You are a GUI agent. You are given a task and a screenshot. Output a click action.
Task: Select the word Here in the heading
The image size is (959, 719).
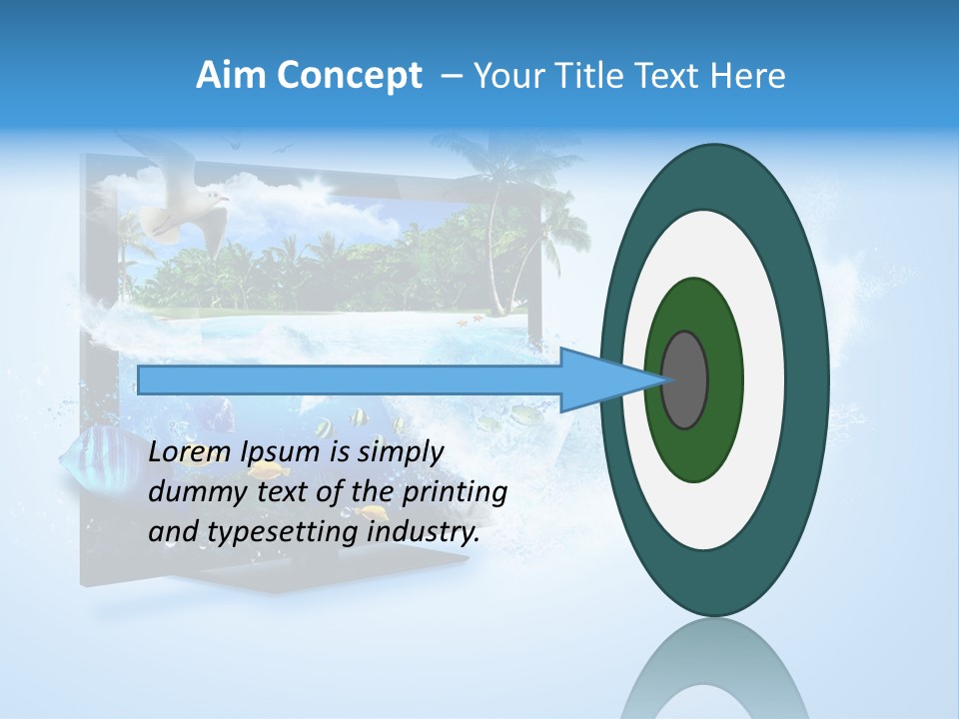748,76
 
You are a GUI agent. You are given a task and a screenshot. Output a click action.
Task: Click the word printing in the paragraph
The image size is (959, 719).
454,493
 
